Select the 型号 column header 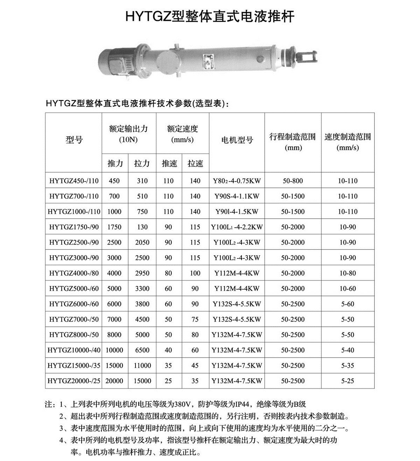click(x=74, y=140)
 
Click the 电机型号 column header click(x=237, y=140)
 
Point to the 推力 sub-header click(x=115, y=163)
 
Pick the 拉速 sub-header click(x=195, y=163)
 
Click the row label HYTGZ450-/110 click(x=74, y=181)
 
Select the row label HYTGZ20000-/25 click(x=74, y=381)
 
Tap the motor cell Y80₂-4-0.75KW click(x=237, y=181)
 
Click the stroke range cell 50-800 click(x=293, y=181)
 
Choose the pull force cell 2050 click(x=142, y=242)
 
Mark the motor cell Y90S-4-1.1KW click(x=237, y=196)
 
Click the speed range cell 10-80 click(x=347, y=273)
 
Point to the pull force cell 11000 click(x=142, y=365)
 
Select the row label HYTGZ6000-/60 click(x=74, y=304)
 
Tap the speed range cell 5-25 click(x=347, y=381)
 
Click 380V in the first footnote click(x=182, y=404)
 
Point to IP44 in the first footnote click(x=241, y=404)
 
